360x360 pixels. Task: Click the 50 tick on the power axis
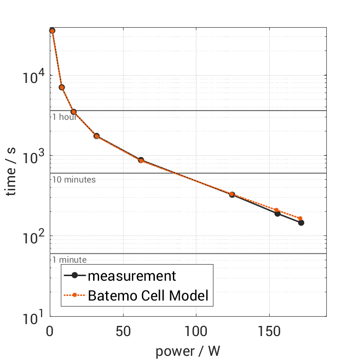[123, 331]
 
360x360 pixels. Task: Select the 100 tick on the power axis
[196, 331]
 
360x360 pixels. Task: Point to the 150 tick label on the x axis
[269, 331]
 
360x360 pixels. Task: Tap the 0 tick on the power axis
[50, 331]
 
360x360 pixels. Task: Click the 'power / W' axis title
[188, 351]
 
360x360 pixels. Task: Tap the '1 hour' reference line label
[64, 117]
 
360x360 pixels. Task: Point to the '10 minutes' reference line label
[74, 179]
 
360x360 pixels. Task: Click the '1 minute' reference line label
[69, 260]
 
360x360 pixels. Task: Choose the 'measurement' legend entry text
[132, 276]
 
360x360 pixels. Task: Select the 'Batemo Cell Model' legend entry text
[148, 295]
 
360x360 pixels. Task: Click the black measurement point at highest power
[301, 223]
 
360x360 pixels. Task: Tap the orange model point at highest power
[300, 218]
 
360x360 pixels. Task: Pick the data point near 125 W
[232, 195]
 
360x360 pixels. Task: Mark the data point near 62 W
[141, 160]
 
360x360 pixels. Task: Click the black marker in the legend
[75, 276]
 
